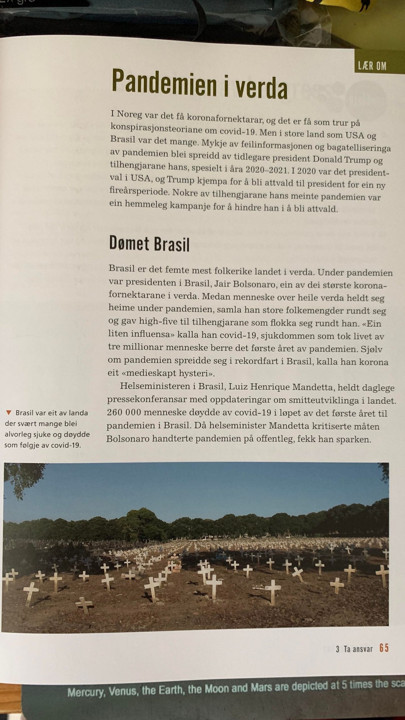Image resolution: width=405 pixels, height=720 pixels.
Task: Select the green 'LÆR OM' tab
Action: coord(372,66)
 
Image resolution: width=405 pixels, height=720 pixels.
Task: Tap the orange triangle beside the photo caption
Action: coord(9,413)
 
